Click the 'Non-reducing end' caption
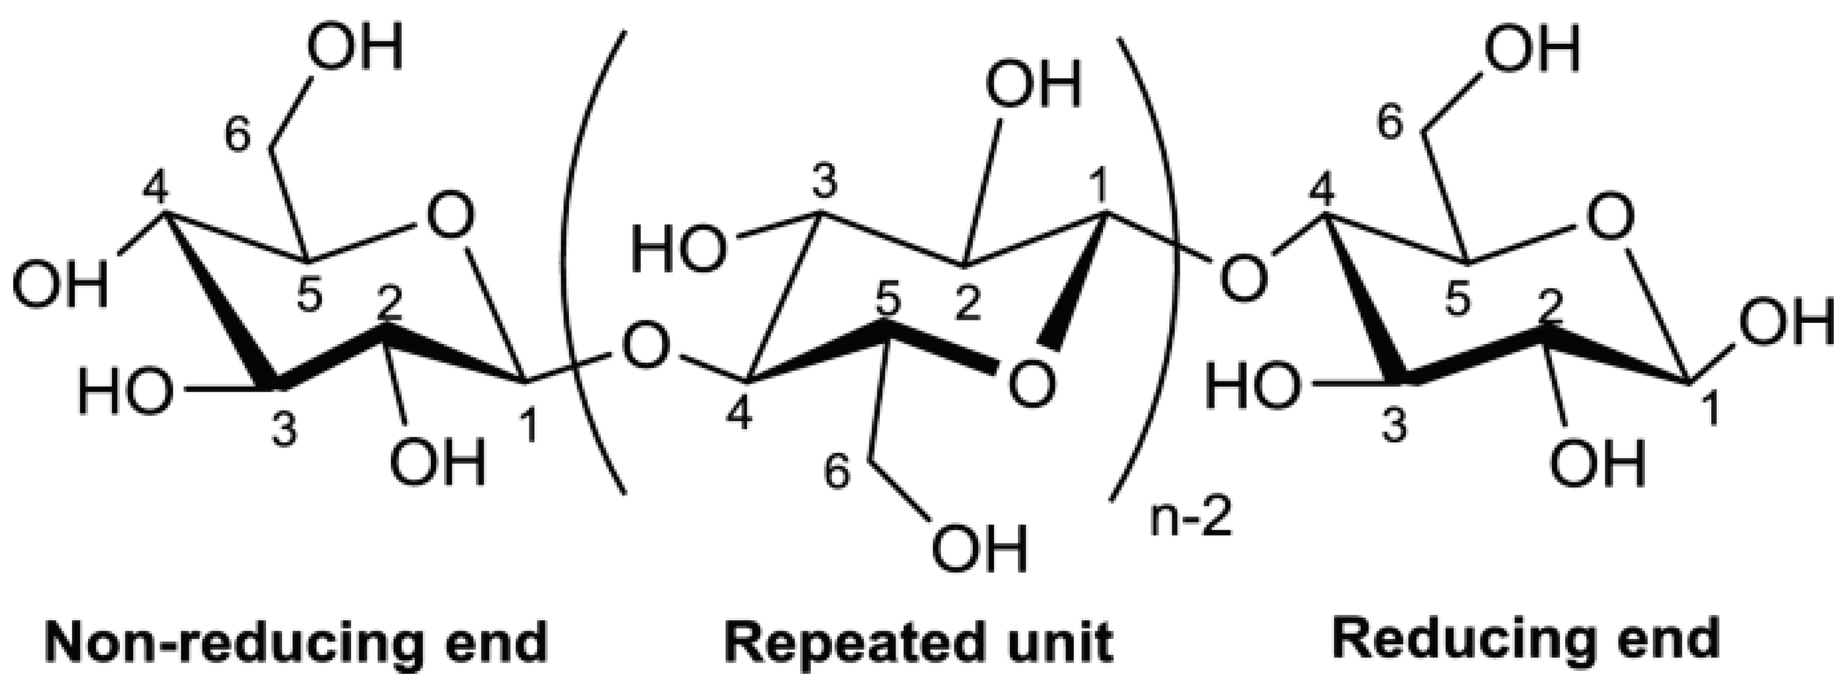coord(297,642)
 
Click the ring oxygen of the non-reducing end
coord(450,217)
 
